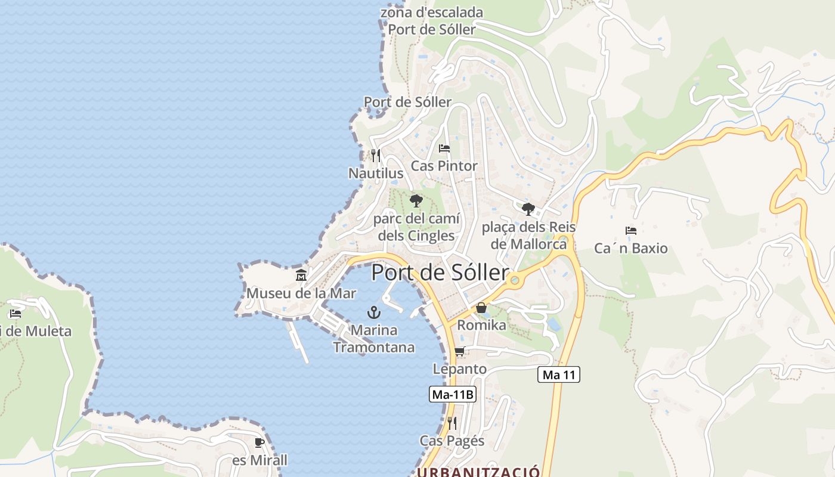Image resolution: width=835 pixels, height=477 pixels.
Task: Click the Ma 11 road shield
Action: [x=559, y=374]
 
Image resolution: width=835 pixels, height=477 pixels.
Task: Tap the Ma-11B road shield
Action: [x=452, y=394]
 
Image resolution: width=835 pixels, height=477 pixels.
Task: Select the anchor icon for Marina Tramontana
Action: [x=373, y=312]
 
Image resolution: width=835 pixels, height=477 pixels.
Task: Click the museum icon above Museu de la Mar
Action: [x=301, y=275]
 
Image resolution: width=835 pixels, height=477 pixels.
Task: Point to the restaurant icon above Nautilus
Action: [x=375, y=156]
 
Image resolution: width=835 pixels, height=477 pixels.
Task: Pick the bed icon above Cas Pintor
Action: [x=444, y=148]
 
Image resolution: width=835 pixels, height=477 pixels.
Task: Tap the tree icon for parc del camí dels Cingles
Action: [x=416, y=201]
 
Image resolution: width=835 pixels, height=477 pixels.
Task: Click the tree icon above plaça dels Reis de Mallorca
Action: [x=528, y=209]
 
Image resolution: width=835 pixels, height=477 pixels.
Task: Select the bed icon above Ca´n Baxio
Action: [x=630, y=230]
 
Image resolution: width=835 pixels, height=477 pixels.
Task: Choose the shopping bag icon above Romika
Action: [x=481, y=308]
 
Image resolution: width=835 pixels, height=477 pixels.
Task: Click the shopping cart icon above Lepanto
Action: [x=459, y=352]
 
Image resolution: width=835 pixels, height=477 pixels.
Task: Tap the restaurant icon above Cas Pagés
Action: [x=452, y=423]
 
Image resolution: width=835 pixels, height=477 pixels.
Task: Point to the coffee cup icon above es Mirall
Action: [x=259, y=442]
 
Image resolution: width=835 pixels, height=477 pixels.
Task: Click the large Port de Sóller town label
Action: [x=440, y=272]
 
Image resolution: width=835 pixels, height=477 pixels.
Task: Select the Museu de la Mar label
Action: [x=301, y=293]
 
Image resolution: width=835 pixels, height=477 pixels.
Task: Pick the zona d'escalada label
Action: [x=432, y=13]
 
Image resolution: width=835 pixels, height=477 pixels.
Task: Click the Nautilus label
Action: [x=376, y=174]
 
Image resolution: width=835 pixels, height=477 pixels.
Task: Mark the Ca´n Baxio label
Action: [x=631, y=248]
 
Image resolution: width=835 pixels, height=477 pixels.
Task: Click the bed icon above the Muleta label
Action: [x=16, y=314]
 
